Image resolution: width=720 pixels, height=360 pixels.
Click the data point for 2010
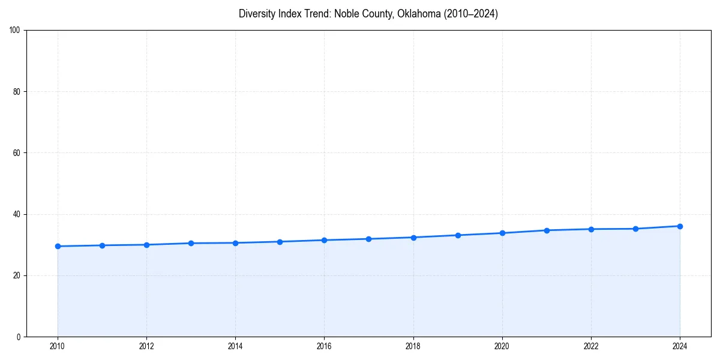click(58, 246)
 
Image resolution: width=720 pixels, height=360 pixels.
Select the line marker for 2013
click(191, 243)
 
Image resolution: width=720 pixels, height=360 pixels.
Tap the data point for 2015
click(280, 242)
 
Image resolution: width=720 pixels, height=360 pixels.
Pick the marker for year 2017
click(368, 239)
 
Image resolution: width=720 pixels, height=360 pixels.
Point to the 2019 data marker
click(458, 235)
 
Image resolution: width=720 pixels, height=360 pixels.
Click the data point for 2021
click(547, 230)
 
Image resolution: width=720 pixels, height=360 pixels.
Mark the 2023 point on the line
click(635, 229)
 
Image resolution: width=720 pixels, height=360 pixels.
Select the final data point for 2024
click(680, 226)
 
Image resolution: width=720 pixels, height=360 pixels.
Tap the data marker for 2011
click(102, 245)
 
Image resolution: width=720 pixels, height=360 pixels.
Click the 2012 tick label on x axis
click(146, 346)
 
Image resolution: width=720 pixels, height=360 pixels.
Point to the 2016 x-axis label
click(324, 346)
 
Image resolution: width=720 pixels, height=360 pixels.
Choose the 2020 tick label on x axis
click(502, 346)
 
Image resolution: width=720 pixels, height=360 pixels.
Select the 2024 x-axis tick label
click(680, 346)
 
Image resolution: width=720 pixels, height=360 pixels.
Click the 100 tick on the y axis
click(15, 31)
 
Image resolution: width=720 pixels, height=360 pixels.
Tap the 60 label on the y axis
click(17, 153)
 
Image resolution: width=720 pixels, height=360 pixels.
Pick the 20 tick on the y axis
click(17, 275)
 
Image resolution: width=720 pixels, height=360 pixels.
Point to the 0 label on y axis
click(19, 337)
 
